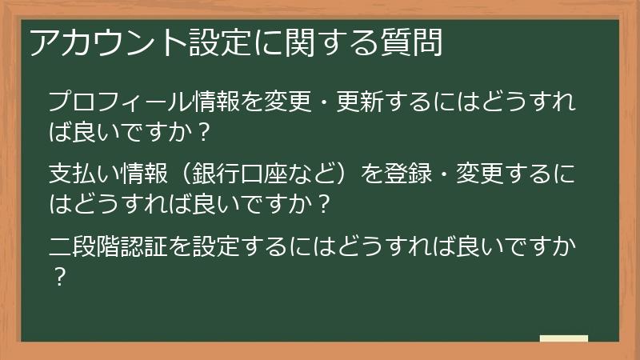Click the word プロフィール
point(120,103)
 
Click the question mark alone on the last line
point(58,276)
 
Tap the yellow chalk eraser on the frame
point(563,338)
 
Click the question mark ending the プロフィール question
point(202,133)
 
